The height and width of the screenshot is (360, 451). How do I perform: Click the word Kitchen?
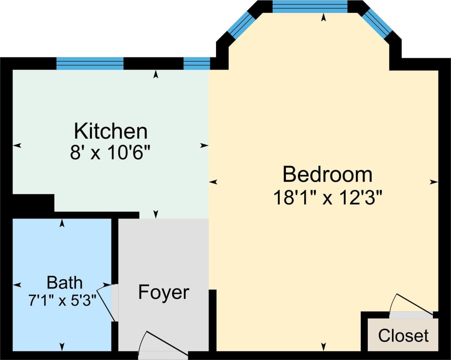pyautogui.click(x=111, y=131)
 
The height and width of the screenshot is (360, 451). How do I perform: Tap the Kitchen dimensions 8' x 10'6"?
pyautogui.click(x=111, y=153)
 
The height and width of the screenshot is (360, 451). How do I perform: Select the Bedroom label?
pyautogui.click(x=327, y=174)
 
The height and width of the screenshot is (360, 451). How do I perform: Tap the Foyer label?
pyautogui.click(x=164, y=292)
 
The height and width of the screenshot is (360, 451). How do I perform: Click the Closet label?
pyautogui.click(x=403, y=336)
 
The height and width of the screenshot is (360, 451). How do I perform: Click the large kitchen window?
pyautogui.click(x=90, y=63)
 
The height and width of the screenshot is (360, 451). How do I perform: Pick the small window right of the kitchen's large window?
pyautogui.click(x=197, y=63)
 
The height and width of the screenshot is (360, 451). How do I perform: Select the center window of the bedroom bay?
pyautogui.click(x=310, y=7)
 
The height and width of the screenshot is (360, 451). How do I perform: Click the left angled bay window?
pyautogui.click(x=239, y=25)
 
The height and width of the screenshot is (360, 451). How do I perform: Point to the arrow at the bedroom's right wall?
pyautogui.click(x=433, y=182)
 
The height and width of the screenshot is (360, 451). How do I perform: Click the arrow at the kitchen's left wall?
pyautogui.click(x=17, y=145)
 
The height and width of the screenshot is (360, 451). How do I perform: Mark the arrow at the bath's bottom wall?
pyautogui.click(x=62, y=347)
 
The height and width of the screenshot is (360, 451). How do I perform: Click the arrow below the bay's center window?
pyautogui.click(x=324, y=17)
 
